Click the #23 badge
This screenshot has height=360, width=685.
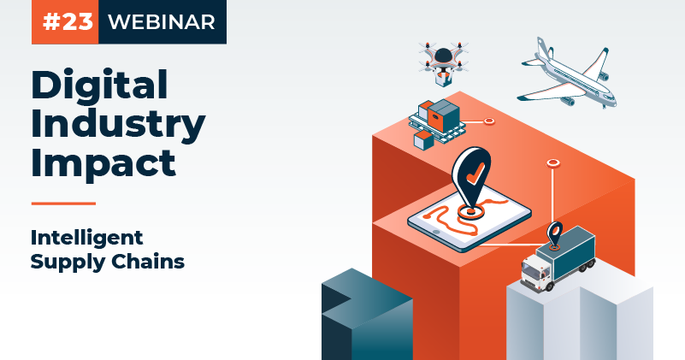tap(65, 22)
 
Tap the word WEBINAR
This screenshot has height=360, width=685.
tap(162, 22)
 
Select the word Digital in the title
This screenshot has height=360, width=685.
tap(99, 86)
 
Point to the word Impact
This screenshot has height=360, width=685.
tap(103, 163)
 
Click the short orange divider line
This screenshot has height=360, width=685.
tap(64, 204)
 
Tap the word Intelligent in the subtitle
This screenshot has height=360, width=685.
tap(86, 239)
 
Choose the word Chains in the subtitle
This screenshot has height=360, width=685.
tap(148, 262)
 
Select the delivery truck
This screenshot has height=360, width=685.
tap(558, 258)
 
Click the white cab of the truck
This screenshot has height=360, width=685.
tap(536, 272)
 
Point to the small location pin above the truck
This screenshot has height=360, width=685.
tap(555, 235)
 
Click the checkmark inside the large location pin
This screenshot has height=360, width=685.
tap(475, 174)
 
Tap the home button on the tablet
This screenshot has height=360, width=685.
tap(435, 232)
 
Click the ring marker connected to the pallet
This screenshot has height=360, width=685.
tap(489, 121)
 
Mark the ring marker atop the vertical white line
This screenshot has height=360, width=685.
tap(553, 163)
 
